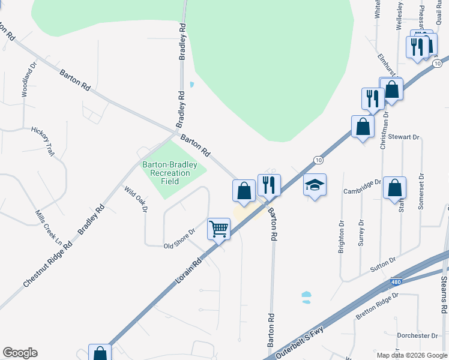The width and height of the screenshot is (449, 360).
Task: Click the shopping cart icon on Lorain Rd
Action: pyautogui.click(x=219, y=228)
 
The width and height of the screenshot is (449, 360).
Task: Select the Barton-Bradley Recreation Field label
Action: pyautogui.click(x=166, y=173)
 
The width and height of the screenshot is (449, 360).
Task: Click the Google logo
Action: pyautogui.click(x=20, y=353)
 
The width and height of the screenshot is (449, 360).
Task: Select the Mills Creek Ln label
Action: pyautogui.click(x=48, y=223)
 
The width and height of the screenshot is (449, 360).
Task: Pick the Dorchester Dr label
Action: pyautogui.click(x=418, y=335)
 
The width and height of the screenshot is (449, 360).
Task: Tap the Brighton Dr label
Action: pyautogui.click(x=342, y=238)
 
